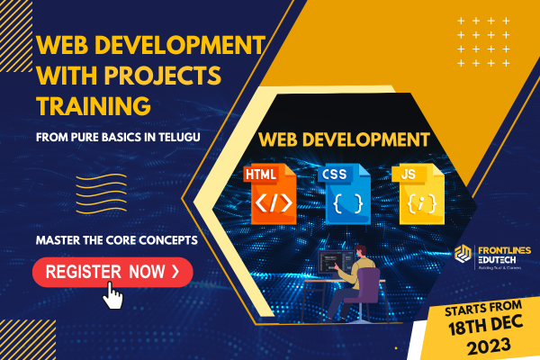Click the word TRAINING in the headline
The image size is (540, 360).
click(x=93, y=107)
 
